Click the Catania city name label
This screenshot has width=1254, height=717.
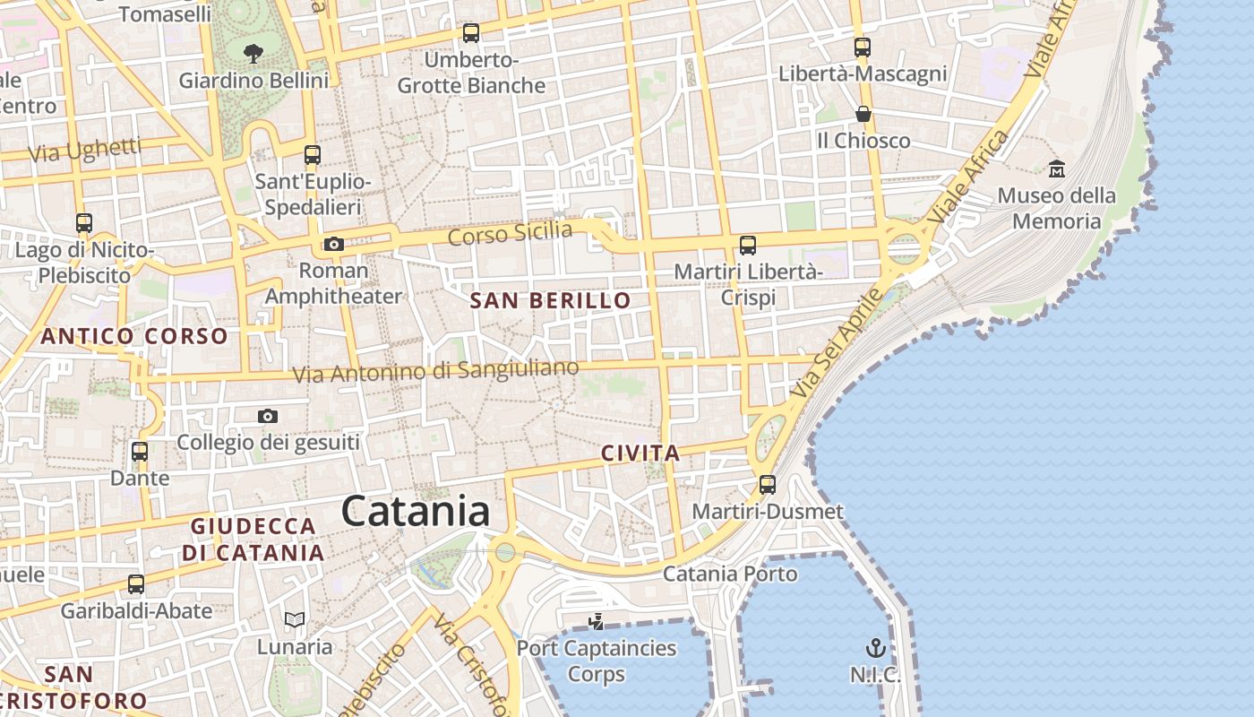tap(416, 512)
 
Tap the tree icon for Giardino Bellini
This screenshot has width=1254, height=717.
tap(253, 54)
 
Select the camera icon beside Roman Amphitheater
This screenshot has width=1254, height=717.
tap(333, 244)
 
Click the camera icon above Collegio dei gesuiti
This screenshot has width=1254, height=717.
tap(267, 416)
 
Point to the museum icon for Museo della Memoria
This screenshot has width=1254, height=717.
tap(1057, 168)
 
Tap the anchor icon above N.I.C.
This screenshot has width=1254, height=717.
tap(875, 648)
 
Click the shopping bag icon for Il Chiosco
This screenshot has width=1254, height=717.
tap(863, 114)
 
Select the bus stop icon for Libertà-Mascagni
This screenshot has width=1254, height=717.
tap(863, 48)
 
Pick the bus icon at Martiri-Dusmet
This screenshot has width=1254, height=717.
tap(768, 485)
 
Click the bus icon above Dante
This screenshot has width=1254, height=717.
tap(140, 452)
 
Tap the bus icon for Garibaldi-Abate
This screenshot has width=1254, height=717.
tap(136, 584)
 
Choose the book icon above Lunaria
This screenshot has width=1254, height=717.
tap(295, 619)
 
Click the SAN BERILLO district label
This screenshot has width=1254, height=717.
tap(551, 301)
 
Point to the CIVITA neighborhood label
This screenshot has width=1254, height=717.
tap(640, 454)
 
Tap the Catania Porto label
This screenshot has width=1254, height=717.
tap(730, 574)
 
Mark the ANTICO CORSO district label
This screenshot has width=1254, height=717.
tap(134, 336)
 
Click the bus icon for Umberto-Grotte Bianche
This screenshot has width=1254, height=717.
tap(471, 33)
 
